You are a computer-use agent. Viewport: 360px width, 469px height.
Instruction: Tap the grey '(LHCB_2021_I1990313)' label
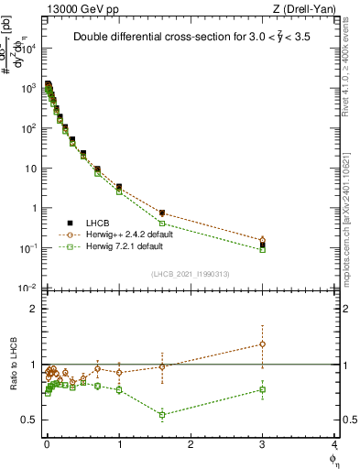[191, 275]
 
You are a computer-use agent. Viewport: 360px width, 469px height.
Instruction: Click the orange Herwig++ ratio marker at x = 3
[263, 344]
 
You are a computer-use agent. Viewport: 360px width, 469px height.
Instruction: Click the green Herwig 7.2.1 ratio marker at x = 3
[263, 389]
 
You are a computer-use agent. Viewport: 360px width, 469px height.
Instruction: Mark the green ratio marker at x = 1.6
[162, 414]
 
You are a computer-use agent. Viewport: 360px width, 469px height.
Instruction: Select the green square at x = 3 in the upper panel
[263, 249]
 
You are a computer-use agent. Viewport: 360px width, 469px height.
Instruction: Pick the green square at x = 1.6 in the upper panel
[162, 224]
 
